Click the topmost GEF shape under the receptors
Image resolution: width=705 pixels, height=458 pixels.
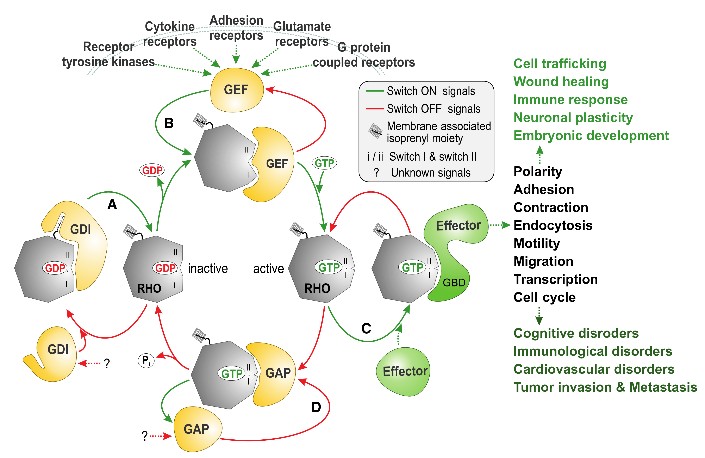(236, 90)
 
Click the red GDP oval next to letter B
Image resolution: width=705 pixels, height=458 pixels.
(152, 170)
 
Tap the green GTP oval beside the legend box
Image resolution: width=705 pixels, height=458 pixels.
(324, 163)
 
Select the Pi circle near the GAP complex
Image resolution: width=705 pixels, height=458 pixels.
(146, 360)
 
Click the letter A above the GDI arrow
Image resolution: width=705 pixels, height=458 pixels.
(112, 204)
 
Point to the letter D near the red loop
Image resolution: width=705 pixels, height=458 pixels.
(316, 407)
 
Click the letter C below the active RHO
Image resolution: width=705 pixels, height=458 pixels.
(366, 328)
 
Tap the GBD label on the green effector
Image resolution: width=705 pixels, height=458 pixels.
(454, 283)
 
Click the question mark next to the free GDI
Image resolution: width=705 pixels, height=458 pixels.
(107, 363)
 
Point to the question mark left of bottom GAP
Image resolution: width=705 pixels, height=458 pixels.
(145, 436)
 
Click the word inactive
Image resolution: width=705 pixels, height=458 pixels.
(208, 268)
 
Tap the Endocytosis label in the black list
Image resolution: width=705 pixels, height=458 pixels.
(553, 225)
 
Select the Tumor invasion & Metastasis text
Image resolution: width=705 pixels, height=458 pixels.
(605, 387)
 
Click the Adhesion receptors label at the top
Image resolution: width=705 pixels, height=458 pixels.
(236, 28)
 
